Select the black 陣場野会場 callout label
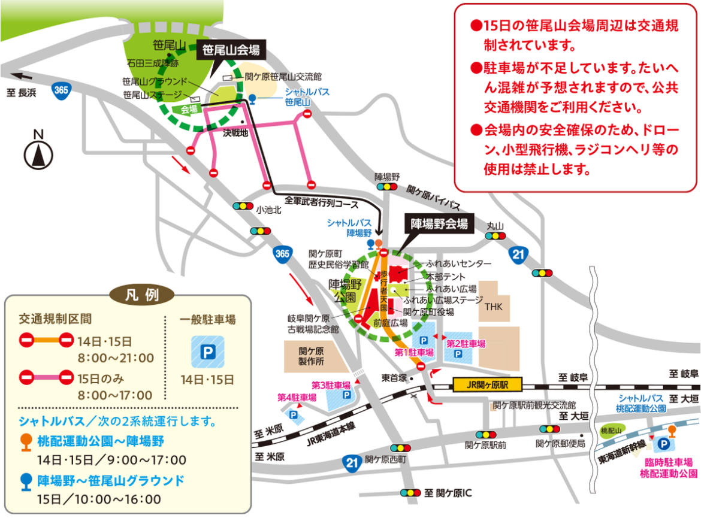pos(439,224)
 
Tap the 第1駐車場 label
pos(413,352)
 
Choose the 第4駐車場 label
pos(297,397)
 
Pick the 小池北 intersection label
pos(267,211)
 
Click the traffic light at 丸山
pos(495,236)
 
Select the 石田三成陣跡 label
pos(152,62)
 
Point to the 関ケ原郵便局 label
pos(560,444)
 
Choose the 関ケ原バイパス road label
pos(433,198)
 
